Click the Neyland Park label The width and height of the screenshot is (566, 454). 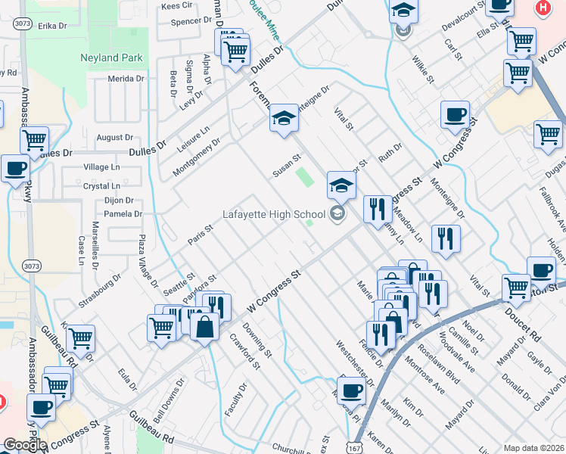(111, 58)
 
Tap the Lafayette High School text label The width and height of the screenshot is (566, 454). (273, 214)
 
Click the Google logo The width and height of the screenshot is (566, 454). (25, 444)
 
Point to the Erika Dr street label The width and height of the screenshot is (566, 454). (53, 26)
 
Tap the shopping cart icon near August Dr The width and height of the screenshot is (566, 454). (35, 139)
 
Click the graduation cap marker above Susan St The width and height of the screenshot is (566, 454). (284, 118)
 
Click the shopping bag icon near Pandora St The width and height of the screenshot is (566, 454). (205, 327)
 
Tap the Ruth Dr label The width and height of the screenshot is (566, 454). (390, 153)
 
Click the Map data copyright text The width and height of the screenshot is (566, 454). (533, 448)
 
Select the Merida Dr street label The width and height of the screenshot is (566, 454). (126, 79)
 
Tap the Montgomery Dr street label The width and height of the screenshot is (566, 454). (196, 157)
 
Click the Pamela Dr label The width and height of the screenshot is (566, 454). (123, 214)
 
